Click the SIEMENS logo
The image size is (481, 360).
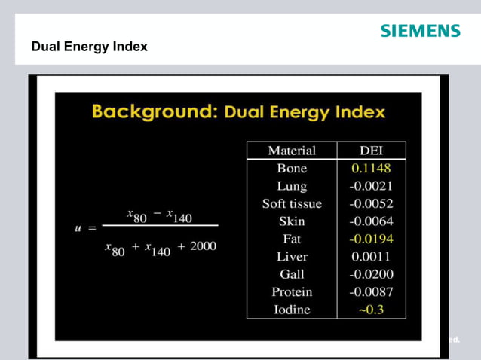point(420,31)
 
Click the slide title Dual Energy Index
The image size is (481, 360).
point(89,47)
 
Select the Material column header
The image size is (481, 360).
point(292,151)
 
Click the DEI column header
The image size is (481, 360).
point(371,151)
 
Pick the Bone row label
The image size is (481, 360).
point(292,168)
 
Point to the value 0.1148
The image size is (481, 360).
point(371,168)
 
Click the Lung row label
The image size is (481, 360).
point(292,185)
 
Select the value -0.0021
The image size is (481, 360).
point(371,185)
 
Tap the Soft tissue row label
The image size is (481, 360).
point(292,203)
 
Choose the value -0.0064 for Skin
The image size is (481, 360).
point(371,221)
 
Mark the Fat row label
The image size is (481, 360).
point(292,239)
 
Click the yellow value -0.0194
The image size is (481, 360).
point(371,239)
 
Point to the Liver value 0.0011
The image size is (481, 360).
point(371,256)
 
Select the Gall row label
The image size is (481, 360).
point(292,274)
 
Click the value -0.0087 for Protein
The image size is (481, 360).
point(371,291)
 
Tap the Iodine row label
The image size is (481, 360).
point(292,309)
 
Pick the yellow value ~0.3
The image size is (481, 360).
point(371,310)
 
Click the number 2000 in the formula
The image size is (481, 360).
point(203,247)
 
